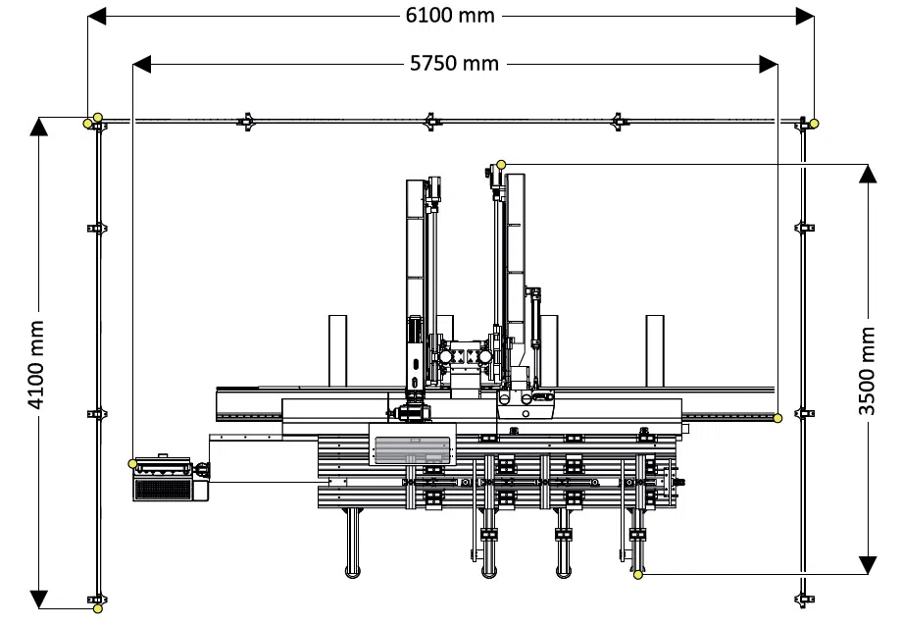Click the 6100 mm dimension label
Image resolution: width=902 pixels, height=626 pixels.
click(x=450, y=16)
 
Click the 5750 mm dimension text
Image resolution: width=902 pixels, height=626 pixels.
click(x=453, y=64)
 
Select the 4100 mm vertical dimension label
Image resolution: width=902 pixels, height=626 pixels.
click(x=37, y=364)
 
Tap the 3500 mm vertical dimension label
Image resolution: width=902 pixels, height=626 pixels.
click(x=867, y=369)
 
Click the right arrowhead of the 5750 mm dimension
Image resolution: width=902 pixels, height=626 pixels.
click(x=769, y=64)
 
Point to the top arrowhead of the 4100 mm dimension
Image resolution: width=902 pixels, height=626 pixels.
click(x=38, y=126)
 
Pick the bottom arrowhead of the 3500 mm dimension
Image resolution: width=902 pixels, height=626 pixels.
click(x=867, y=565)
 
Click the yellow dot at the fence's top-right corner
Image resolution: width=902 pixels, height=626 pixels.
click(x=814, y=123)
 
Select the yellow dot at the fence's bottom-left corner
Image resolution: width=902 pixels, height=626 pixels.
click(x=98, y=608)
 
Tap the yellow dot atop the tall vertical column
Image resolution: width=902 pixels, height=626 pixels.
click(x=501, y=164)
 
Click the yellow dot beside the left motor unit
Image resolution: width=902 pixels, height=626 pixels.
click(x=133, y=462)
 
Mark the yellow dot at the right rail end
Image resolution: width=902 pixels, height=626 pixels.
click(x=777, y=419)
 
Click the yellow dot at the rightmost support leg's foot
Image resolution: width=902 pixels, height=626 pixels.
click(x=635, y=573)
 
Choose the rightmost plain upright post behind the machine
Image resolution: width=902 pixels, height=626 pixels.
click(x=654, y=351)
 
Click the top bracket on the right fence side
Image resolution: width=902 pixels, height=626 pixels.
click(x=804, y=228)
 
